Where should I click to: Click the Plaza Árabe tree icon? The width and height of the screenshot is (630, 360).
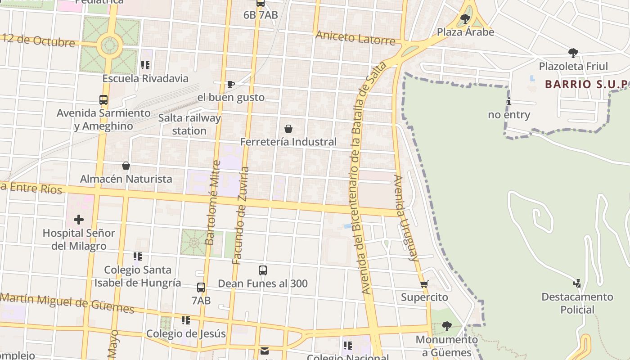click(465, 19)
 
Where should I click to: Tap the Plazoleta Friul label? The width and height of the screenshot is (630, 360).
click(573, 66)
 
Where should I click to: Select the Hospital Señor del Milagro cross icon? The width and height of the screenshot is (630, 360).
click(79, 220)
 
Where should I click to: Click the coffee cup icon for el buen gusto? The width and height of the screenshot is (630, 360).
click(231, 84)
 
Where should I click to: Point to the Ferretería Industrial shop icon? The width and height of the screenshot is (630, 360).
click(288, 129)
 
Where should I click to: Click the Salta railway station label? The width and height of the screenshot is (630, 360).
click(189, 124)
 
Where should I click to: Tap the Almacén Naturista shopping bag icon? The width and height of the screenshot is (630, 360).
click(126, 166)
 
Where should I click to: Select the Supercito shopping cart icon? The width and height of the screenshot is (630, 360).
click(424, 284)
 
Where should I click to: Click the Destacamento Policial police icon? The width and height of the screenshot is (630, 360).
click(577, 283)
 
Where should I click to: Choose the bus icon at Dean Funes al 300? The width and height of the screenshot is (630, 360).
click(263, 270)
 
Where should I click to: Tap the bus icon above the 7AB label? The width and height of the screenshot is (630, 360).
click(201, 288)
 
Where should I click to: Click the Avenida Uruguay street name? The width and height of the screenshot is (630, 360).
click(406, 218)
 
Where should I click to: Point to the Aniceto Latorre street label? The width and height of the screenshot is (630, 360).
click(355, 38)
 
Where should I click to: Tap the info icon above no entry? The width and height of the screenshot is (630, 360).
click(509, 102)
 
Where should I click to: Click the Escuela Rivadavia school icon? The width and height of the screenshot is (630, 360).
click(145, 65)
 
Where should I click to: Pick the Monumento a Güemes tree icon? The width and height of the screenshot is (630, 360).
click(446, 326)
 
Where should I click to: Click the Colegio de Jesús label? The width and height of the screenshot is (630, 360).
click(186, 334)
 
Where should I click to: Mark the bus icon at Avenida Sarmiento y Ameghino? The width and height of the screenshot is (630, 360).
click(103, 100)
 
